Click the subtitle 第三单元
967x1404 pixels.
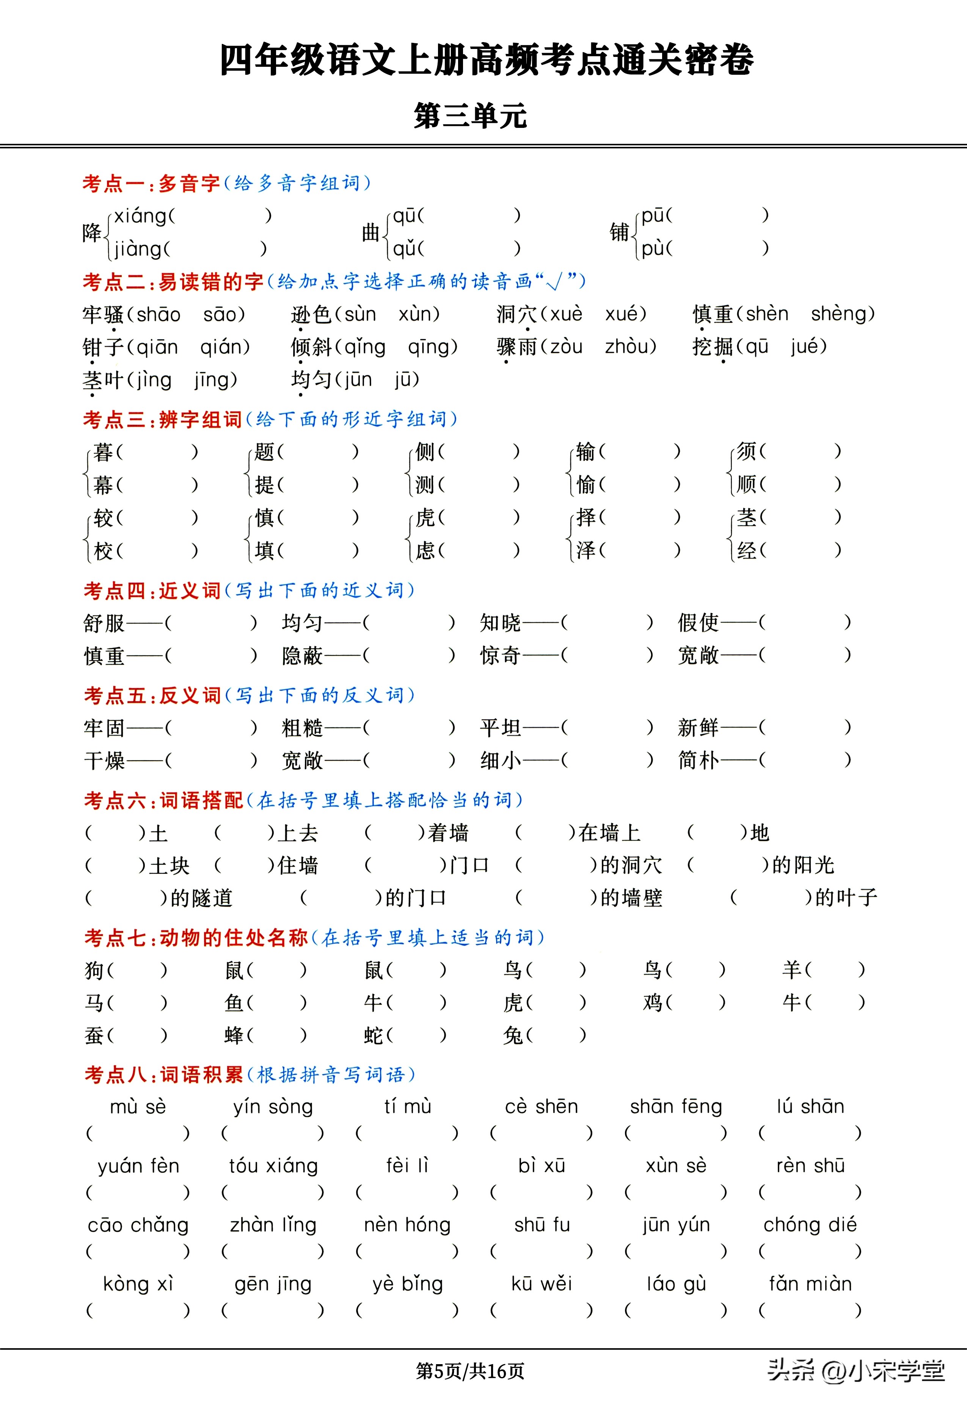(x=470, y=115)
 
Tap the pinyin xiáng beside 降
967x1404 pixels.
(x=141, y=216)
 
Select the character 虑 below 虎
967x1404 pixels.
(x=425, y=551)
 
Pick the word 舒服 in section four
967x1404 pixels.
(x=104, y=623)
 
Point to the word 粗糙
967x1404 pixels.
(x=302, y=727)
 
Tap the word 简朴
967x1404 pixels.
(x=698, y=760)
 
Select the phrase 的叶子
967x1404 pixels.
(x=846, y=898)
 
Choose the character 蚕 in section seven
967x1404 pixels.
(x=94, y=1036)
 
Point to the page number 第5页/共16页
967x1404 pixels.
(x=470, y=1371)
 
